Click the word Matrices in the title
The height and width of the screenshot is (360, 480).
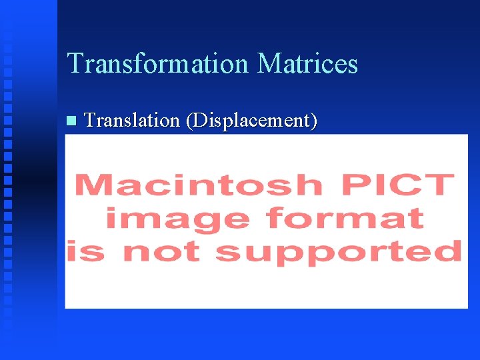(307, 64)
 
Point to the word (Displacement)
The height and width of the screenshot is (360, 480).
(251, 121)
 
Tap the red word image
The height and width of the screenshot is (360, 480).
(179, 218)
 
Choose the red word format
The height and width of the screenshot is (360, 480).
(345, 218)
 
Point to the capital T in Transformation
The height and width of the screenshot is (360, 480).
(75, 64)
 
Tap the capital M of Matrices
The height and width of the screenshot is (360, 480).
(269, 64)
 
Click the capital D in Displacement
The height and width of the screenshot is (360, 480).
(199, 121)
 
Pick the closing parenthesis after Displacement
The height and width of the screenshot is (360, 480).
(313, 121)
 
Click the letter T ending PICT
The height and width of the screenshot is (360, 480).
(441, 185)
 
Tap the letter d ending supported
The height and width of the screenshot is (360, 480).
(450, 251)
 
